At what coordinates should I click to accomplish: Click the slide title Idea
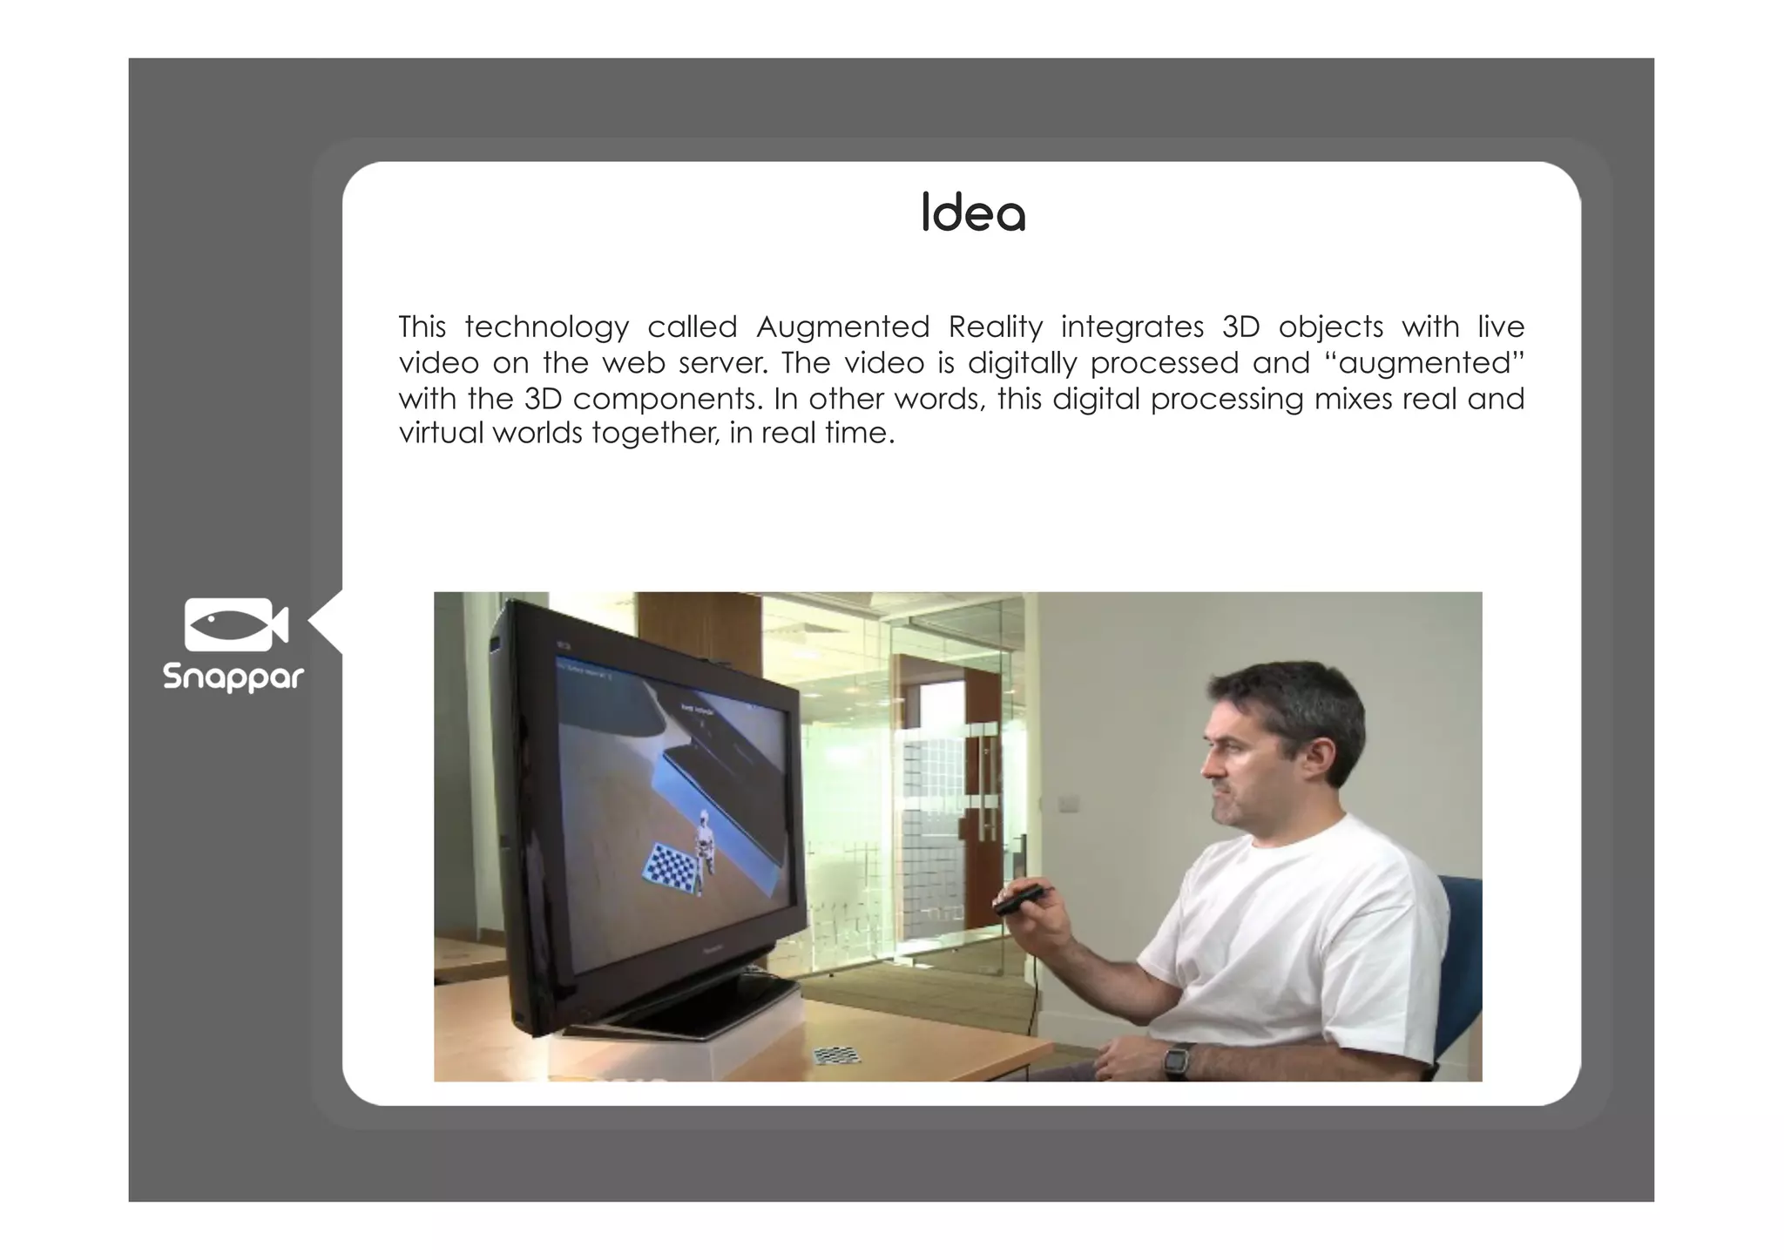click(x=973, y=213)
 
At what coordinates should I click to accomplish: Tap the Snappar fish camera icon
click(x=235, y=624)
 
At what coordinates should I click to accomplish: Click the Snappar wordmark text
click(x=233, y=677)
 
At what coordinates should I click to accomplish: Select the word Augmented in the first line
click(x=842, y=327)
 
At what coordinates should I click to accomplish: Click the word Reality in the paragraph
click(x=995, y=327)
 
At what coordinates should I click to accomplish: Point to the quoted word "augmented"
click(x=1424, y=363)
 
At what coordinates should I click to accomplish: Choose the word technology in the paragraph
click(x=546, y=327)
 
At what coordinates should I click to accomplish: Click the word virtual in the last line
click(x=441, y=433)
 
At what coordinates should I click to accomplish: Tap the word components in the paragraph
click(x=667, y=399)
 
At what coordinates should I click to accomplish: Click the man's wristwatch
click(x=1178, y=1060)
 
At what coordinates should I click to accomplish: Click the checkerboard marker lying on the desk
click(x=836, y=1055)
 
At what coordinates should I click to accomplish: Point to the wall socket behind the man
click(x=1067, y=803)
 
